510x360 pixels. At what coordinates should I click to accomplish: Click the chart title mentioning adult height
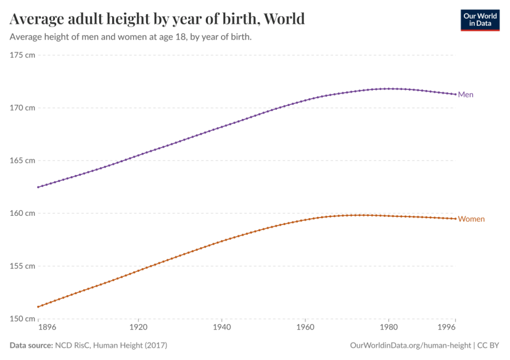pyautogui.click(x=157, y=18)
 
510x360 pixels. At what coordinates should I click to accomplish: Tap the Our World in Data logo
pyautogui.click(x=480, y=19)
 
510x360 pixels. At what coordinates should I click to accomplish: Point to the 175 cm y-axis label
pyautogui.click(x=22, y=55)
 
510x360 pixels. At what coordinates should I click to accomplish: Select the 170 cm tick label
pyautogui.click(x=22, y=108)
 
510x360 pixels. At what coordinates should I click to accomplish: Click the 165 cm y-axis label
pyautogui.click(x=22, y=160)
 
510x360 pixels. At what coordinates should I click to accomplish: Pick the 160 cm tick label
pyautogui.click(x=22, y=213)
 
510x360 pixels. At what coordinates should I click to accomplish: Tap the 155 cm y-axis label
pyautogui.click(x=22, y=266)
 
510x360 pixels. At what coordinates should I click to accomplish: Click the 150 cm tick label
pyautogui.click(x=22, y=319)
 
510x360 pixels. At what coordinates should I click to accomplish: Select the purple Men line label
pyautogui.click(x=466, y=94)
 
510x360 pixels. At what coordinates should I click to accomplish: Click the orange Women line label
pyautogui.click(x=471, y=219)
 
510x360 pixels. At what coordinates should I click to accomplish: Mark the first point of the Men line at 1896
pyautogui.click(x=38, y=187)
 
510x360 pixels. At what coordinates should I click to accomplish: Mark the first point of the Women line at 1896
pyautogui.click(x=38, y=306)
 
